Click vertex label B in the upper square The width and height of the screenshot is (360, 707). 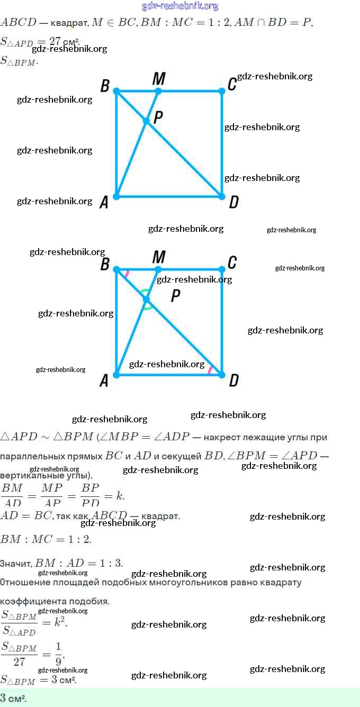coord(105,86)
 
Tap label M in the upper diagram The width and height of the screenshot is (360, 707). coord(158,79)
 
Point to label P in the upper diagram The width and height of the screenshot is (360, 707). coord(158,117)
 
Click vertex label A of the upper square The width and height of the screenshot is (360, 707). coord(104,202)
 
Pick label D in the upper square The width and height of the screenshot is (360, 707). coord(233,202)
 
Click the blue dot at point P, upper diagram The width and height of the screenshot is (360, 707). coord(147,121)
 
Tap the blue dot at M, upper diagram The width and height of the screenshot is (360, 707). coord(158,91)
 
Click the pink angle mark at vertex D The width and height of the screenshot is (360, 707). coord(210,370)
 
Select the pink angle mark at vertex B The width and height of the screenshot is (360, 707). coord(127,273)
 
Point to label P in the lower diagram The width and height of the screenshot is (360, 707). coord(176,297)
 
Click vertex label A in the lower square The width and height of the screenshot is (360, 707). coord(104,380)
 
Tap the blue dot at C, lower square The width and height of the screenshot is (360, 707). coord(222,269)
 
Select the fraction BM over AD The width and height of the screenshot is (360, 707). coord(12,495)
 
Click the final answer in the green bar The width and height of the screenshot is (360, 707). coord(13,698)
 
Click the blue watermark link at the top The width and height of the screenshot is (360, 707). coord(180,6)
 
